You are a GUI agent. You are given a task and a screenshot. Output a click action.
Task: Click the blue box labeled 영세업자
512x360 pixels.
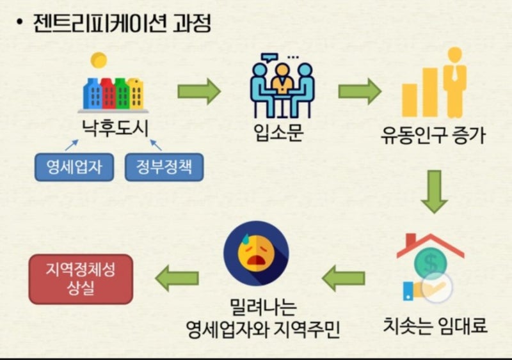point(74,167)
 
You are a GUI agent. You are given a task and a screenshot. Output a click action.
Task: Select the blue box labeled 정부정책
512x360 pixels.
point(164,167)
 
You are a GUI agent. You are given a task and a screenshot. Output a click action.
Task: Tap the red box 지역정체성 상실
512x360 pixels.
point(81,279)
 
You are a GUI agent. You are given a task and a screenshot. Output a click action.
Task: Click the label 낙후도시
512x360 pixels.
point(115,129)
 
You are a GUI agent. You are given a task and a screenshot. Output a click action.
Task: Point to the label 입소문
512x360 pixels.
point(279,132)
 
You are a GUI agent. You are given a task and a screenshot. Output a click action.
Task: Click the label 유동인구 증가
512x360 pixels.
point(433,135)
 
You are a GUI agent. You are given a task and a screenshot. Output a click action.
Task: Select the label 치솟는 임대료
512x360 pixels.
point(435,325)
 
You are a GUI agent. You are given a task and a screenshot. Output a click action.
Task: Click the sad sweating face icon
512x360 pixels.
point(256,254)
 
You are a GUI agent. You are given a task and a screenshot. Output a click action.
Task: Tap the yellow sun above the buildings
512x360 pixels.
point(99,60)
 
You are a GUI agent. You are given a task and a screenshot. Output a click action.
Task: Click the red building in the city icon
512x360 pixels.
point(108,94)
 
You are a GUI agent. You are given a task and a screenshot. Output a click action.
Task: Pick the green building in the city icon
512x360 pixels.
point(122,94)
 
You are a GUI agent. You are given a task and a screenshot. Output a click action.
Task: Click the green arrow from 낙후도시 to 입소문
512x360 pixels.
point(199,91)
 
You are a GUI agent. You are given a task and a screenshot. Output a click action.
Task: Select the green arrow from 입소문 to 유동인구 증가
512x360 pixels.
point(360,91)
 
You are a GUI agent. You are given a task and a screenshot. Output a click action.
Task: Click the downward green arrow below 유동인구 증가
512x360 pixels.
point(435,192)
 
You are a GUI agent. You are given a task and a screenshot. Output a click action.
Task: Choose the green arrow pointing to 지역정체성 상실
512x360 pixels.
point(177,278)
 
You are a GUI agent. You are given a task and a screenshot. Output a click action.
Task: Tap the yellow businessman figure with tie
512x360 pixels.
point(454,82)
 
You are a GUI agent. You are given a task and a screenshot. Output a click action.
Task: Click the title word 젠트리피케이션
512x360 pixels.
point(100,23)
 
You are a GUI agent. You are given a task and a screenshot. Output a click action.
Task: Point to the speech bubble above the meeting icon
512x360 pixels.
point(269,58)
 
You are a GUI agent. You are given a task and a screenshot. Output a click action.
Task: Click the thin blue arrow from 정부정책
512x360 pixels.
point(156,145)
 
